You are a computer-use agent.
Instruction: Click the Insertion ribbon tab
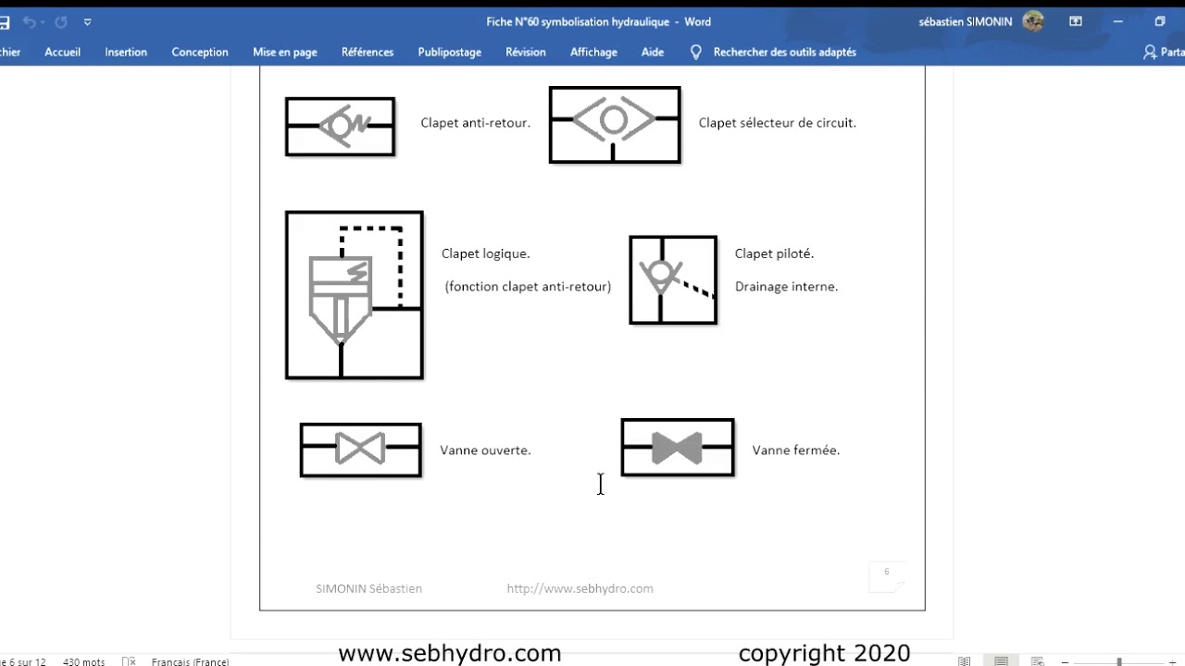pyautogui.click(x=126, y=52)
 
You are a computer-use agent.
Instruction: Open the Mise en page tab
pyautogui.click(x=284, y=53)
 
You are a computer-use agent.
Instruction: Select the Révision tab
pyautogui.click(x=525, y=52)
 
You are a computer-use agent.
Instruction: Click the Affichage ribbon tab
pyautogui.click(x=593, y=53)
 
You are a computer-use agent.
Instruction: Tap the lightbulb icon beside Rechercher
pyautogui.click(x=695, y=52)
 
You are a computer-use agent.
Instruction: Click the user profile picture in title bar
pyautogui.click(x=1032, y=21)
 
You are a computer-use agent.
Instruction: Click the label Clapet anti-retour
pyautogui.click(x=475, y=123)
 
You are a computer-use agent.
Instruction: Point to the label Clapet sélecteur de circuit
pyautogui.click(x=777, y=123)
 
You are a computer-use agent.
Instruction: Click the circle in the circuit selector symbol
pyautogui.click(x=614, y=108)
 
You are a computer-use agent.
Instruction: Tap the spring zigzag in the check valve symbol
pyautogui.click(x=360, y=123)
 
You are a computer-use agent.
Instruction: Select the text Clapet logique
pyautogui.click(x=486, y=253)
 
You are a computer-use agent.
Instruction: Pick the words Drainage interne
pyautogui.click(x=786, y=287)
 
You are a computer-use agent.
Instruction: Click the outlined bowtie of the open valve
pyautogui.click(x=360, y=449)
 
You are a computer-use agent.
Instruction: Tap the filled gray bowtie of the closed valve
pyautogui.click(x=677, y=449)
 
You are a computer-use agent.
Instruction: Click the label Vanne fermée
pyautogui.click(x=795, y=450)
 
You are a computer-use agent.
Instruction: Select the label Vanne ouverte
pyautogui.click(x=485, y=450)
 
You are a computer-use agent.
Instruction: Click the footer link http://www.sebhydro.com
pyautogui.click(x=580, y=588)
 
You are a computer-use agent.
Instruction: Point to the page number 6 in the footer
pyautogui.click(x=887, y=572)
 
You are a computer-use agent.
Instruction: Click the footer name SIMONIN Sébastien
pyautogui.click(x=368, y=588)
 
